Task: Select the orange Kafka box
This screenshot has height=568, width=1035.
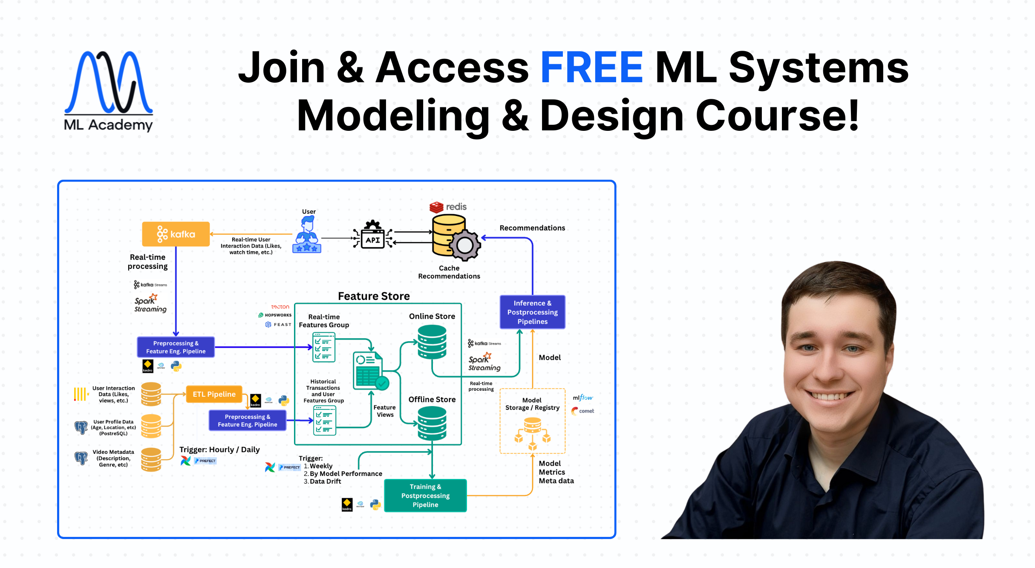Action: [x=176, y=234]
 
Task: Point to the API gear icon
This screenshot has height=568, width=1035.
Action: [x=373, y=234]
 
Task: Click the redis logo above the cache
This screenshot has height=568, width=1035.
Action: [x=448, y=207]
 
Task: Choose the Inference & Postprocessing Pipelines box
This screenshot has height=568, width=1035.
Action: [x=532, y=312]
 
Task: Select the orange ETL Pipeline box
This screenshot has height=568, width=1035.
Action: [x=214, y=394]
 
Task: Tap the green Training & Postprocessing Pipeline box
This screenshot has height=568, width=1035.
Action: [x=425, y=496]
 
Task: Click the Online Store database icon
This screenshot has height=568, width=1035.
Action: [x=432, y=342]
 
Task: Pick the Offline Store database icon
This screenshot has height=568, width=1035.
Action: [x=432, y=423]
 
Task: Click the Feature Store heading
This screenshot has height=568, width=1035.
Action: [x=374, y=296]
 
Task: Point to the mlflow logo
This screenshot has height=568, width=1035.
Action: [x=582, y=398]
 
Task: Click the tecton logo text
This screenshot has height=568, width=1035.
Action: [x=280, y=307]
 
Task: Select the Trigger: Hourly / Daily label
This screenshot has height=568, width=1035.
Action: [x=219, y=450]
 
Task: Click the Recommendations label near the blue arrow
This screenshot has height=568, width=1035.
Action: [x=532, y=228]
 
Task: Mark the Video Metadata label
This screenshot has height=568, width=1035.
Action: [x=113, y=458]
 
